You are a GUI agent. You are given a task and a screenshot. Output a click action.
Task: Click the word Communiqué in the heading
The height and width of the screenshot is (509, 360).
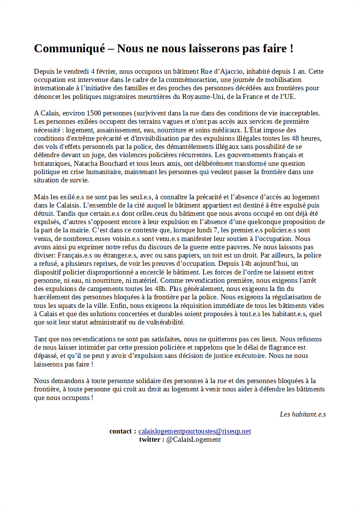pos(70,48)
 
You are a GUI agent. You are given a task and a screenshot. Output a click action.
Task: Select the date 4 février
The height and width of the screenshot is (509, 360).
pos(103,71)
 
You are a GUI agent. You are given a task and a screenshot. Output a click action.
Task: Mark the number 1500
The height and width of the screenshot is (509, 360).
pos(94,113)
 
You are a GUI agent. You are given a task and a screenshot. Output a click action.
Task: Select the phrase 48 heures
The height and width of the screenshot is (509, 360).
pos(306,138)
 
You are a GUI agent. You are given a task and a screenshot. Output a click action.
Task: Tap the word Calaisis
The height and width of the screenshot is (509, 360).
pos(68,205)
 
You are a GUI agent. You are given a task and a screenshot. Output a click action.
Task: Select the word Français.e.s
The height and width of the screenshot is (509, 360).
pos(75,255)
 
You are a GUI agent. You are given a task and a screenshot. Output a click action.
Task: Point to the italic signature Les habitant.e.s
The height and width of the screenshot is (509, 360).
pos(302,414)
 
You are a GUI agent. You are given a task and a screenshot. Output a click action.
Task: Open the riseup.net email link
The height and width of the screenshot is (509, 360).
pos(194,431)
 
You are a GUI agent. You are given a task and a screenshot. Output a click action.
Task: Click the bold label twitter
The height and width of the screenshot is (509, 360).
pos(150,439)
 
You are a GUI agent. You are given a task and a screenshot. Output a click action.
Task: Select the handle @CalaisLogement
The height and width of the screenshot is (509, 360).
pos(193,439)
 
